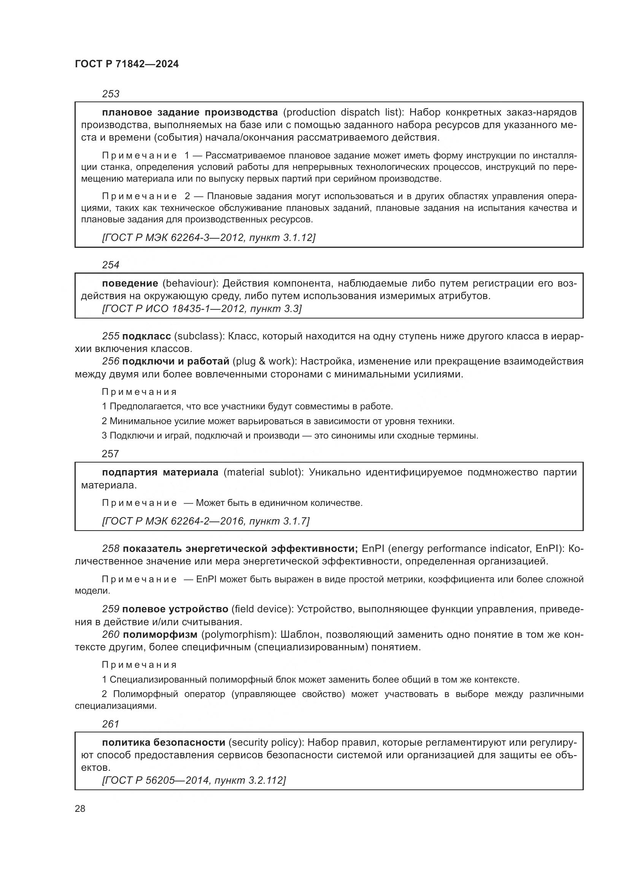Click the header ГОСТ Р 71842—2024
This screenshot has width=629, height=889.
pyautogui.click(x=127, y=64)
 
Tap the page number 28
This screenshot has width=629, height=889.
pyautogui.click(x=80, y=808)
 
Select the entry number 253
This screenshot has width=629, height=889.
pyautogui.click(x=111, y=94)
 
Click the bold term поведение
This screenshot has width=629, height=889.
pyautogui.click(x=130, y=283)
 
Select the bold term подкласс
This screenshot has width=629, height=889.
pyautogui.click(x=146, y=336)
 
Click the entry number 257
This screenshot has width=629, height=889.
pyautogui.click(x=110, y=454)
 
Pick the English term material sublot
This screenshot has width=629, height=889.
pyautogui.click(x=261, y=472)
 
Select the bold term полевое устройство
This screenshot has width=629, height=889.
pyautogui.click(x=175, y=609)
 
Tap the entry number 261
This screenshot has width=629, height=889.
pyautogui.click(x=111, y=724)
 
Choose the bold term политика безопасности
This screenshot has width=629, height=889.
pyautogui.click(x=164, y=742)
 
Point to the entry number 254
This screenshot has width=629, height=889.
pyautogui.click(x=111, y=265)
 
